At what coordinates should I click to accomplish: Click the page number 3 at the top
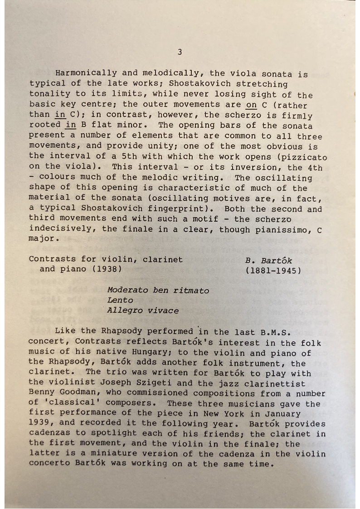coord(180,52)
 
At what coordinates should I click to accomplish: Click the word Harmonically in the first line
coord(86,73)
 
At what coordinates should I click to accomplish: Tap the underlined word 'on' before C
coord(251,105)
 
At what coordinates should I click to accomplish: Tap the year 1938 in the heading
coord(107,269)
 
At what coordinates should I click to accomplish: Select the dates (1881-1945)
coord(273,271)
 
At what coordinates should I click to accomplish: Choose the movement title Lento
coord(120,300)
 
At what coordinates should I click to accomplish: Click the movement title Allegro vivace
coord(143,310)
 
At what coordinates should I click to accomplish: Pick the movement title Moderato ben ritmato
coord(158,290)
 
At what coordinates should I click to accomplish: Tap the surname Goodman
coord(75,394)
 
